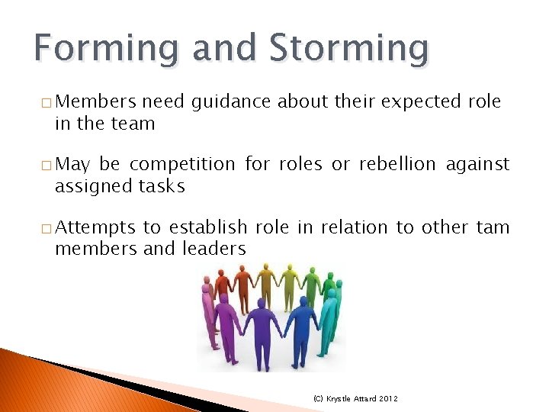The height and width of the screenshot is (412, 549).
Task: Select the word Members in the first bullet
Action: (95, 101)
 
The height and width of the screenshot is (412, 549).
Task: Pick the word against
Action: (481, 164)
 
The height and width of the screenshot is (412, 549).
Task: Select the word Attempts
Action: (97, 227)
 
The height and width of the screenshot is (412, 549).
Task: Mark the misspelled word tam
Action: (493, 227)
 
